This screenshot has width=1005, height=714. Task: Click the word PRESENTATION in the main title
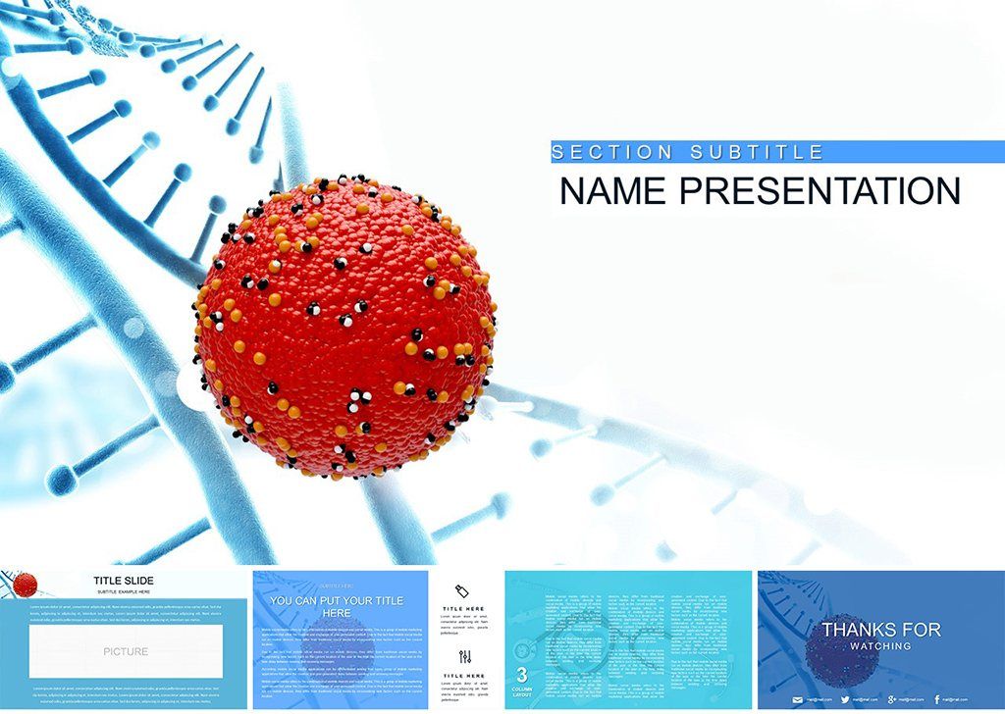coord(820,191)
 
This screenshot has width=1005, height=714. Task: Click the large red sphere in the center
coord(345,329)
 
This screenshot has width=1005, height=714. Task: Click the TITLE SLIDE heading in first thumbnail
coord(124,581)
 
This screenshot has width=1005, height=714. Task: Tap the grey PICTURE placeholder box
coord(126,651)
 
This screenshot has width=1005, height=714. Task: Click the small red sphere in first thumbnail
coord(25,585)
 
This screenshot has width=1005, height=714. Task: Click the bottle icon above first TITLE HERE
coord(463,590)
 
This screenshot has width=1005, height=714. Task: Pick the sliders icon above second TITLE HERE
coord(464,657)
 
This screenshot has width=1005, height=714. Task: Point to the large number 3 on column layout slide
coord(522,675)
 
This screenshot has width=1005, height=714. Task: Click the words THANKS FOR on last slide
coord(880,630)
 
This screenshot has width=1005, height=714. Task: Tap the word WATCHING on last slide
coord(880,646)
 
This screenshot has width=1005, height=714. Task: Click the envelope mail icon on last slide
coord(797,700)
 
